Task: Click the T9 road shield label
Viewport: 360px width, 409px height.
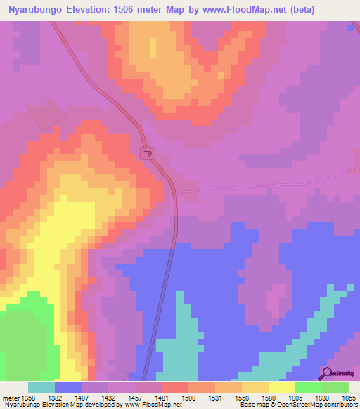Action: point(147,153)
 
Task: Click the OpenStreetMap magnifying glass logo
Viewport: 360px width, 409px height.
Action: point(328,373)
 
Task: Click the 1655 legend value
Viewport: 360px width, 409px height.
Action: point(349,398)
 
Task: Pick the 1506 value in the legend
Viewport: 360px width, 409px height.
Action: point(188,398)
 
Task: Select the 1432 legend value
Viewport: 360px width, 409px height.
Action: point(108,398)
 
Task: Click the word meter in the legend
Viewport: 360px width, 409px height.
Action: point(10,398)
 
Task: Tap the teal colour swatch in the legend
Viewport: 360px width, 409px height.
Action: point(41,387)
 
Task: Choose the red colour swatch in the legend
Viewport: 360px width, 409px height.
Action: point(175,387)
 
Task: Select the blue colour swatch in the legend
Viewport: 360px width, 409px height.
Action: point(68,387)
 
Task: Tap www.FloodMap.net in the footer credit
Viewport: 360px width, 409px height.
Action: point(148,405)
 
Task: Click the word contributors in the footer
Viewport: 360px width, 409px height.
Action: point(339,405)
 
